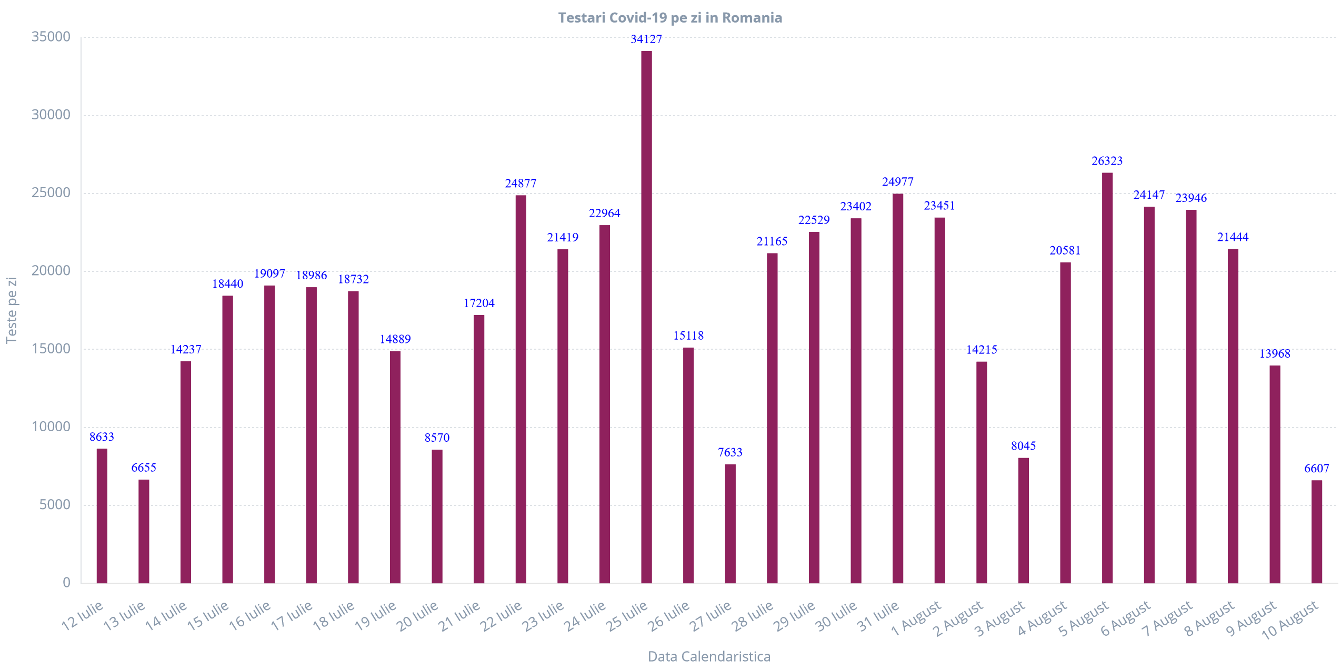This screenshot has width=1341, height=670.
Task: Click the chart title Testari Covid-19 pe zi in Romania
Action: coord(670,18)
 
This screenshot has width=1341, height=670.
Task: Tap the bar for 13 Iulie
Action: coord(144,531)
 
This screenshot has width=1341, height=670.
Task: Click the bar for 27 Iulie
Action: coord(730,523)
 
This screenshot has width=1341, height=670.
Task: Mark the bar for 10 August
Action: coord(1317,531)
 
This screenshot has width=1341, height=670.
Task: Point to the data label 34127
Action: coord(646,39)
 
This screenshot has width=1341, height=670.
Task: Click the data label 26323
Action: coord(1107,161)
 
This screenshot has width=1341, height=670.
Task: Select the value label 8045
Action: coord(1023,446)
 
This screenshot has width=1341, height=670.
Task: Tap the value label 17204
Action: coord(479,303)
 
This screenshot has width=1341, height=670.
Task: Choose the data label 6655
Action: coord(144,468)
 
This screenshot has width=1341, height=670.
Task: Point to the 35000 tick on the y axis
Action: coord(51,37)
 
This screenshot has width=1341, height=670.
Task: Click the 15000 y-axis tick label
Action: coord(51,349)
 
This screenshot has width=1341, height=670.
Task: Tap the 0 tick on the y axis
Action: coord(66,582)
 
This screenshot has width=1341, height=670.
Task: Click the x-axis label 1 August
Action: coord(916,618)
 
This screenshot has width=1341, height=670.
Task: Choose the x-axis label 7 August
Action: coord(1168,618)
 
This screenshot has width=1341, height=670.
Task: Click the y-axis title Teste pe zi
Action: coord(12,310)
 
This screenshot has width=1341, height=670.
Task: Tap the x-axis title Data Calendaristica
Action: coord(709,656)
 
